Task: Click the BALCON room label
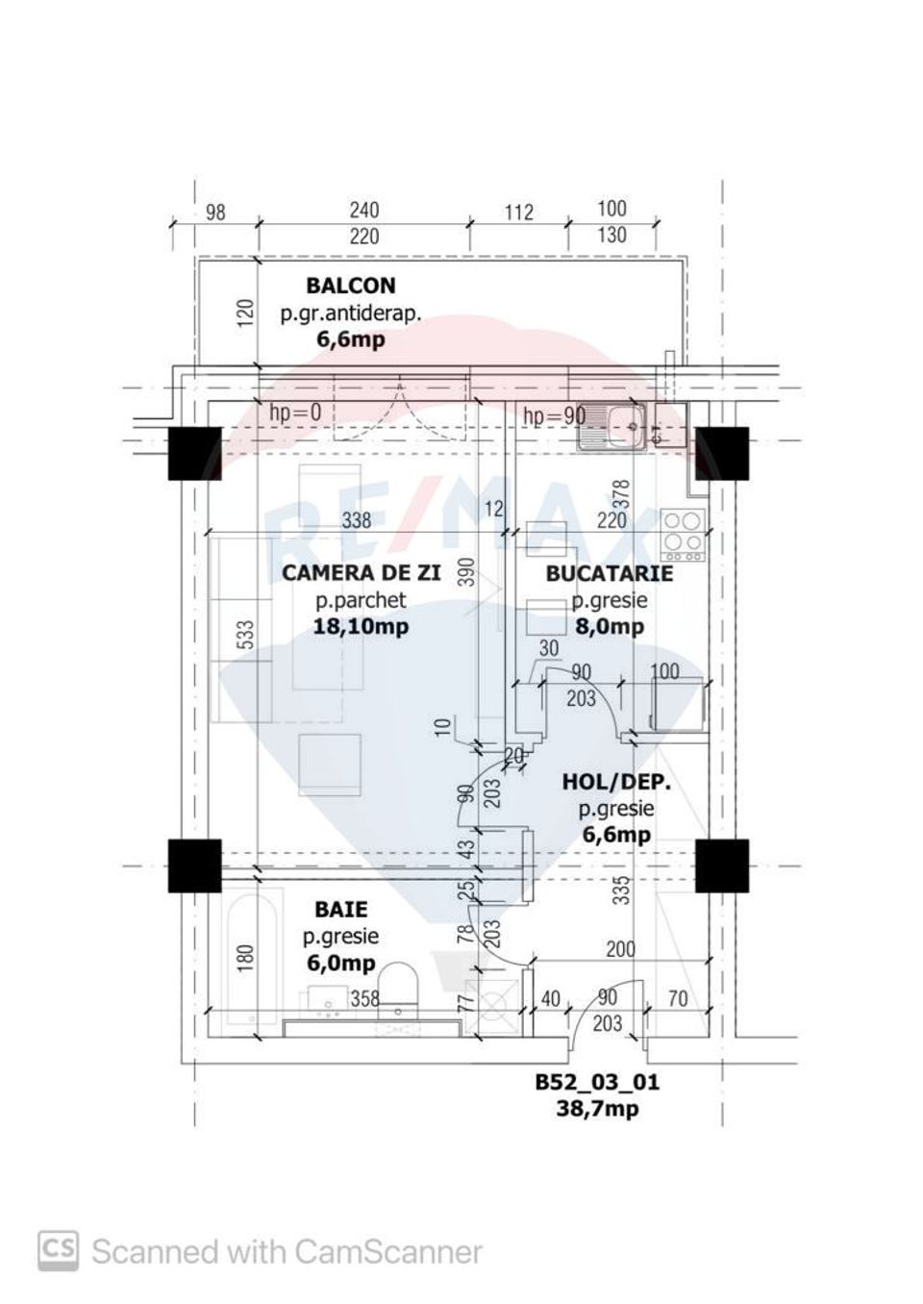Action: (350, 286)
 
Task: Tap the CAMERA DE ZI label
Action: (361, 573)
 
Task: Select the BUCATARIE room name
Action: (609, 574)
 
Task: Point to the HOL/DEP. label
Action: (616, 783)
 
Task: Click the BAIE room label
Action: (340, 909)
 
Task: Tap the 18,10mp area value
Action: (361, 627)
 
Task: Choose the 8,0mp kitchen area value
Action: (609, 627)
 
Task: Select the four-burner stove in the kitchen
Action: (683, 534)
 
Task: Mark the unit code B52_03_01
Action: (597, 1083)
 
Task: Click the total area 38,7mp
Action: (597, 1109)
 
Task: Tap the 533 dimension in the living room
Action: (245, 635)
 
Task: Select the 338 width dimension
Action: (357, 520)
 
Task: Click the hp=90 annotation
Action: (554, 416)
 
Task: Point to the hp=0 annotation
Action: (295, 413)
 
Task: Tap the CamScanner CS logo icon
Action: (58, 1251)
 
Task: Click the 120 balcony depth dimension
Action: (245, 313)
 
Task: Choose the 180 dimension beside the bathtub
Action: (245, 957)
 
